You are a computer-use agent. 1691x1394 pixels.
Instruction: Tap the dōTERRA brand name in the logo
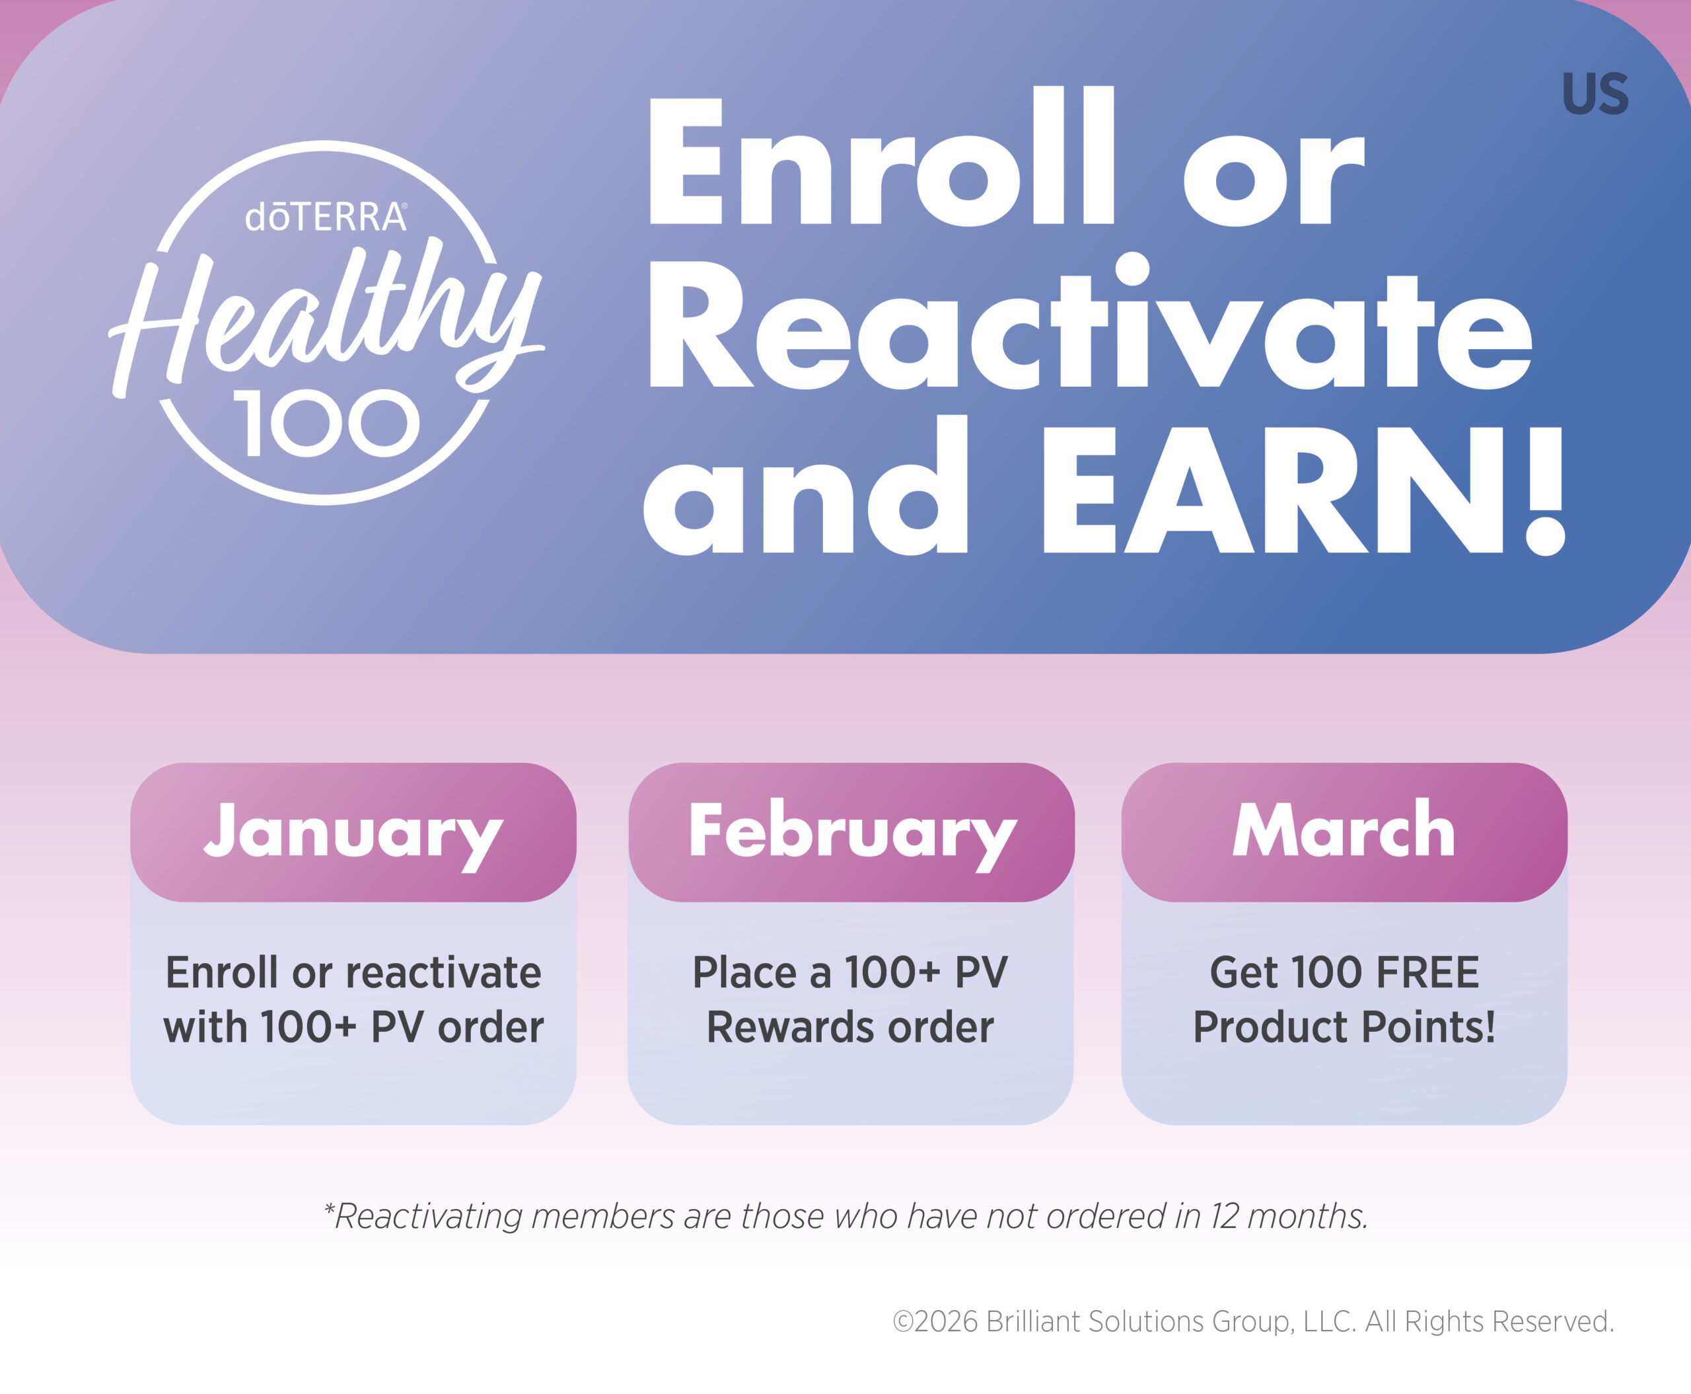coord(326,217)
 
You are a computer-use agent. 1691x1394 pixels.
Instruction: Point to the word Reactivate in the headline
coord(1090,321)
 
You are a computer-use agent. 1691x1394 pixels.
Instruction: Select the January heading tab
coord(353,833)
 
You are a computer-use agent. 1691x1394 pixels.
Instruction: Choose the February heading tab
coord(851,833)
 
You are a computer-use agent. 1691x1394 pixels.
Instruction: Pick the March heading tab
coord(1344,833)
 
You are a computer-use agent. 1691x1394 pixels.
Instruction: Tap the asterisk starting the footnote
coord(329,1208)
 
